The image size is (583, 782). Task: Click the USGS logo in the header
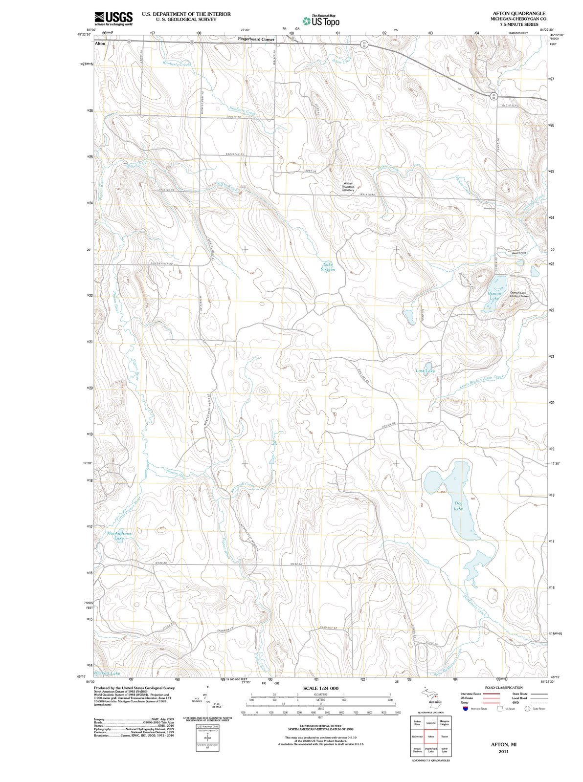pyautogui.click(x=113, y=18)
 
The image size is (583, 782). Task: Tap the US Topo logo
pyautogui.click(x=321, y=21)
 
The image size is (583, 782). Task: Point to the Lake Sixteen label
pyautogui.click(x=328, y=267)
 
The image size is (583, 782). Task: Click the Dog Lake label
pyautogui.click(x=458, y=506)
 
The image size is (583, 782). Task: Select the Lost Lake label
pyautogui.click(x=425, y=371)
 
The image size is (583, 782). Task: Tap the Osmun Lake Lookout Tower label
pyautogui.click(x=519, y=294)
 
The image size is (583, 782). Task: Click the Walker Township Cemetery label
pyautogui.click(x=348, y=187)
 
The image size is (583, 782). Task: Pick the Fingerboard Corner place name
pyautogui.click(x=256, y=39)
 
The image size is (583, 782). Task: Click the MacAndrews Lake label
pyautogui.click(x=119, y=536)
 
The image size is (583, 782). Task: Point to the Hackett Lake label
pyautogui.click(x=107, y=673)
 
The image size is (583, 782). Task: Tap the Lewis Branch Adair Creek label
pyautogui.click(x=482, y=381)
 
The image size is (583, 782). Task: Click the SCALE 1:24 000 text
pyautogui.click(x=321, y=688)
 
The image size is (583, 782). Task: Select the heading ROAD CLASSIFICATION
pyautogui.click(x=504, y=688)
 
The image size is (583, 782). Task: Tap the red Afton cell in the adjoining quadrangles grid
pyautogui.click(x=431, y=737)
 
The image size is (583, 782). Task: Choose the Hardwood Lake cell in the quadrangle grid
pyautogui.click(x=431, y=750)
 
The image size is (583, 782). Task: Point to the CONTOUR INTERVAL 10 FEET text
pyautogui.click(x=321, y=727)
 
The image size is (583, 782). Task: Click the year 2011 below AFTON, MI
pyautogui.click(x=503, y=752)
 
